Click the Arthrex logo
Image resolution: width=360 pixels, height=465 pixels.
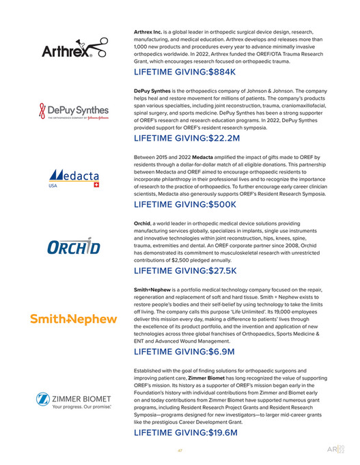click(74, 49)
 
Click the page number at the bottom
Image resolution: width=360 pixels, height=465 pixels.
click(179, 450)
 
